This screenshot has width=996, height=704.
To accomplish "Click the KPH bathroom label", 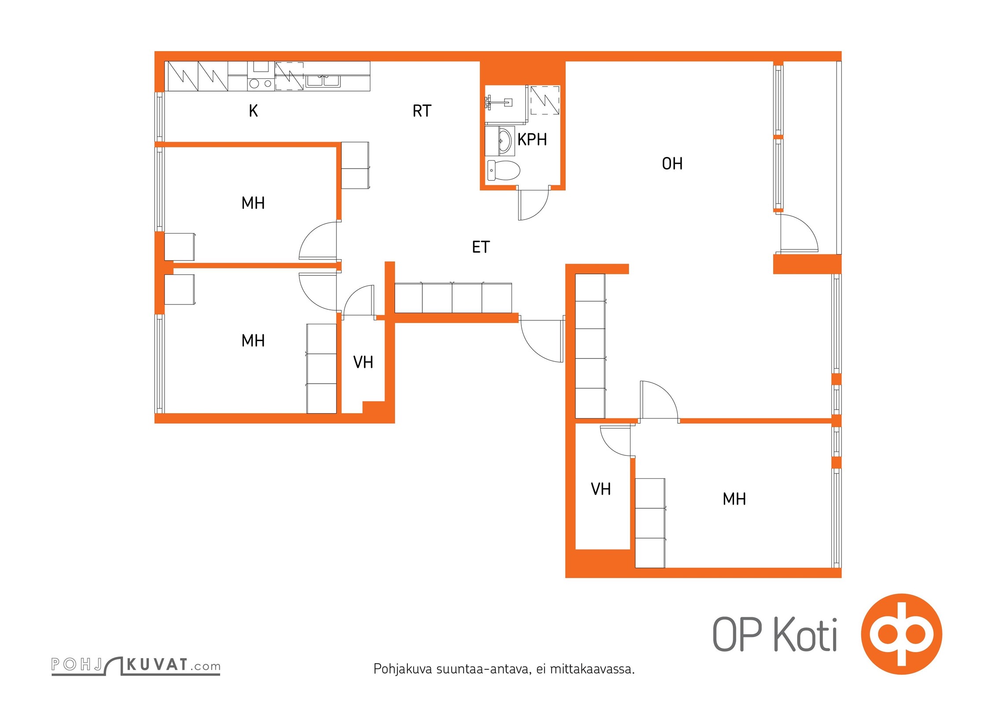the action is pyautogui.click(x=532, y=139).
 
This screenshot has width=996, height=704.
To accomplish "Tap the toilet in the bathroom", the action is pyautogui.click(x=504, y=170).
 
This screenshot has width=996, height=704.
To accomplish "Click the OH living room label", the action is pyautogui.click(x=672, y=164).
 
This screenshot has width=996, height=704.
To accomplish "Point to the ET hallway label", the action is pyautogui.click(x=481, y=247).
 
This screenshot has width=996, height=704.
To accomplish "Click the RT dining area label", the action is pyautogui.click(x=422, y=111).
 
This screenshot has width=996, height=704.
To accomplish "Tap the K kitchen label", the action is pyautogui.click(x=253, y=111).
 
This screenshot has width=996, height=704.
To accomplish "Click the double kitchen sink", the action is pyautogui.click(x=324, y=81).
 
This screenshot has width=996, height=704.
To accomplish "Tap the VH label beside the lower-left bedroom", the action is pyautogui.click(x=363, y=363).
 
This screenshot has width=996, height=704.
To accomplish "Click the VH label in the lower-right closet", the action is pyautogui.click(x=601, y=489).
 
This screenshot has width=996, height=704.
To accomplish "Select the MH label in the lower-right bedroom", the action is pyautogui.click(x=734, y=499).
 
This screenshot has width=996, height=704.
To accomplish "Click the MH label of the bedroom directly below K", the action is pyautogui.click(x=253, y=203).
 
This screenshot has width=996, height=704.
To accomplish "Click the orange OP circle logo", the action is pyautogui.click(x=901, y=634).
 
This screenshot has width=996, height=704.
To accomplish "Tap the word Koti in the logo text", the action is pyautogui.click(x=805, y=635).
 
